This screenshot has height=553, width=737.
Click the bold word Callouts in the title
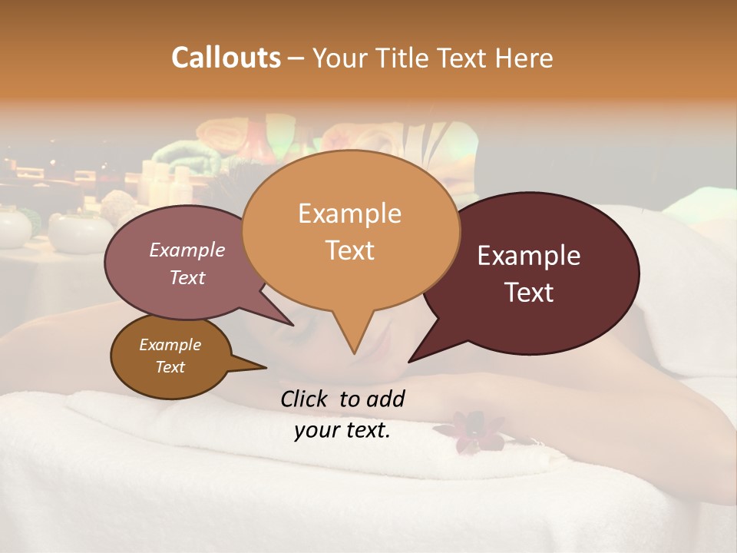pos(226,58)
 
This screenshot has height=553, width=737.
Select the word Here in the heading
pos(523,58)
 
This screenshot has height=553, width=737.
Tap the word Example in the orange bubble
pos(349,214)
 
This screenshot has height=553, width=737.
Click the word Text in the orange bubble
pos(349,250)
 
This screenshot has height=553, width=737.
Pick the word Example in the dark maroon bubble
pos(529,256)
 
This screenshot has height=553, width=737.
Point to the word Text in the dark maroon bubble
pos(529,293)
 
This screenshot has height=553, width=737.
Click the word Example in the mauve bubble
pos(187,250)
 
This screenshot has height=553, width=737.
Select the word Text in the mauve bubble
pos(187,278)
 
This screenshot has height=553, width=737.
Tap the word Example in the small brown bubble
pos(170,345)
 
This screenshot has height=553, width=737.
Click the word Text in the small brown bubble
pos(170,367)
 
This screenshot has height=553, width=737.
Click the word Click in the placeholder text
pos(306,399)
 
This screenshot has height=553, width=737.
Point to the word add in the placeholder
pos(385,399)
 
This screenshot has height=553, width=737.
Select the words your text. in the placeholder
pos(342,430)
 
